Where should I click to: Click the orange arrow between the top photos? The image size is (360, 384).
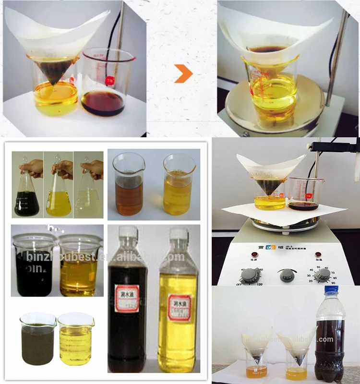click(x=183, y=73)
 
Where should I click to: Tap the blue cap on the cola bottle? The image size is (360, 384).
click(x=332, y=289)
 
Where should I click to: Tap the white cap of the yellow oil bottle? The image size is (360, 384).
click(x=178, y=234)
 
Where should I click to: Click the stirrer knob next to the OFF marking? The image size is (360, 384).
click(x=251, y=275)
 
